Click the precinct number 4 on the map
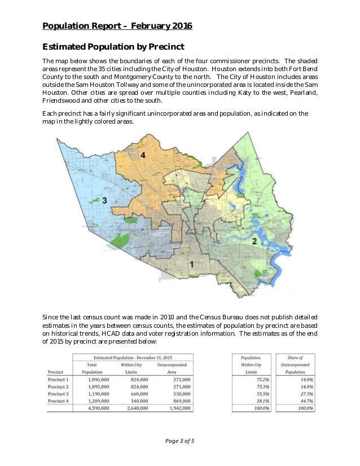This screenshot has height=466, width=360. [x=143, y=155]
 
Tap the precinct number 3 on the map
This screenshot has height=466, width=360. [x=104, y=200]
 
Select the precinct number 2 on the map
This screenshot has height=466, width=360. [x=254, y=241]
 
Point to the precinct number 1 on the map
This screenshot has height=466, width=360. [x=191, y=264]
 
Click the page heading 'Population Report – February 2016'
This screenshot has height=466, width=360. [x=117, y=26]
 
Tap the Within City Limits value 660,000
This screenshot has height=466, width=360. [x=136, y=394]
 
